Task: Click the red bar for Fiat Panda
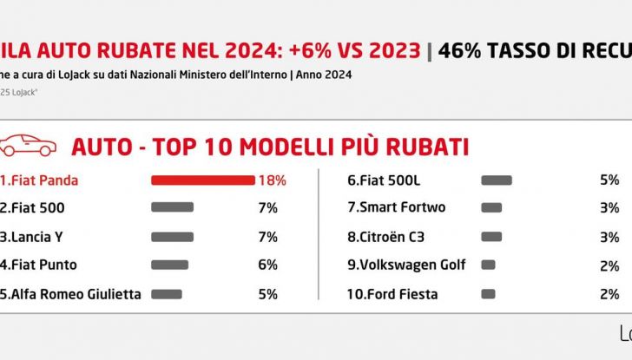tap(202, 180)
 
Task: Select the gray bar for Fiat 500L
tap(496, 180)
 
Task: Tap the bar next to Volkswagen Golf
tap(488, 265)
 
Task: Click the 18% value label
tap(271, 180)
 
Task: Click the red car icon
tap(29, 146)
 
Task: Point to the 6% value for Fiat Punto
tap(267, 265)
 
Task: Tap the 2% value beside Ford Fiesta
tap(609, 293)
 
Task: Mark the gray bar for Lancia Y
tap(172, 237)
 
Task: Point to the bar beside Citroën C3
tap(491, 237)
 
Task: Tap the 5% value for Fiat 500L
tap(609, 180)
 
